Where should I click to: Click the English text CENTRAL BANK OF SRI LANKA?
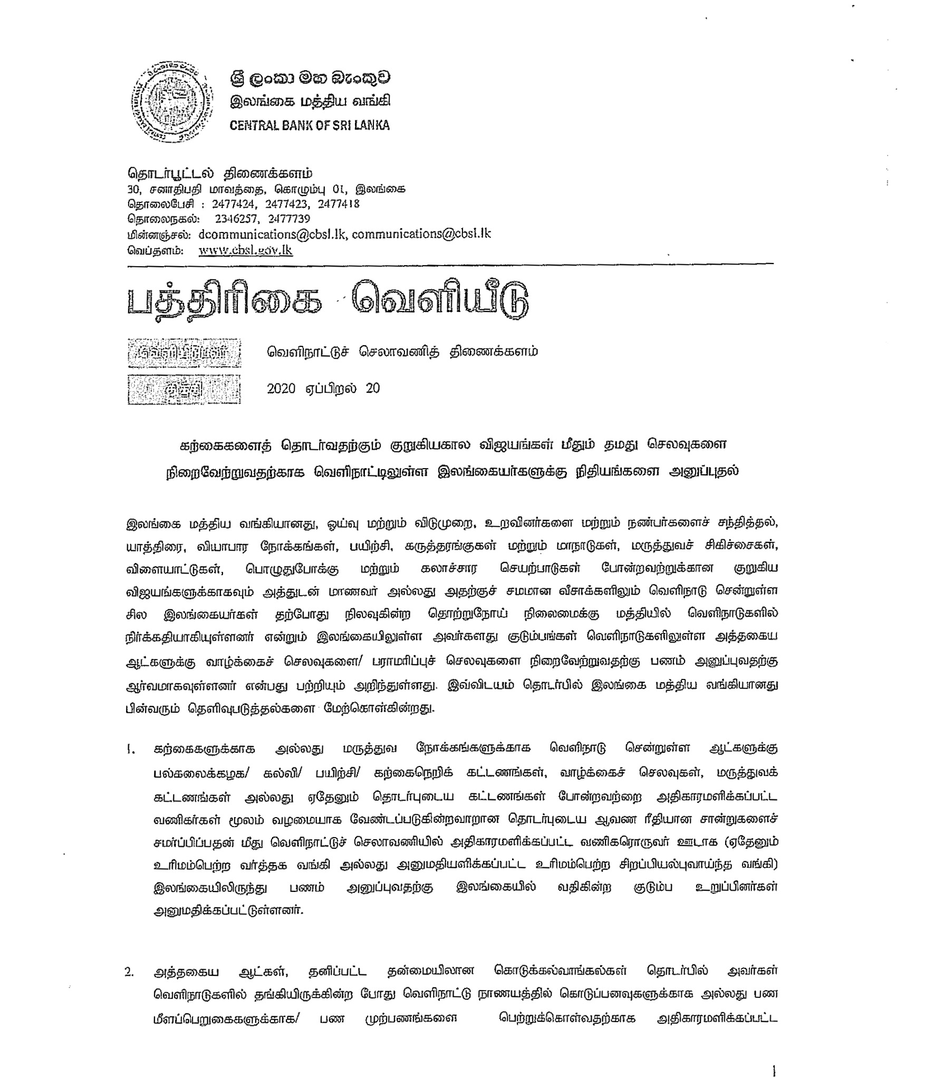[310, 125]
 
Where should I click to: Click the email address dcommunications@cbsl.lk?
[272, 234]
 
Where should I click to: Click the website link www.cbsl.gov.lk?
[245, 250]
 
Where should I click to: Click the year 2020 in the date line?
[281, 389]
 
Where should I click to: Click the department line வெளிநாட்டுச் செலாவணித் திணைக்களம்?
[402, 352]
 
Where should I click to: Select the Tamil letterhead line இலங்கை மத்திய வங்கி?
[310, 101]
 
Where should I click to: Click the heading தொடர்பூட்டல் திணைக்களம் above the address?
[220, 173]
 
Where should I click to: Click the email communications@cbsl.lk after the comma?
[421, 234]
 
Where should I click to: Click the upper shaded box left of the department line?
[184, 353]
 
